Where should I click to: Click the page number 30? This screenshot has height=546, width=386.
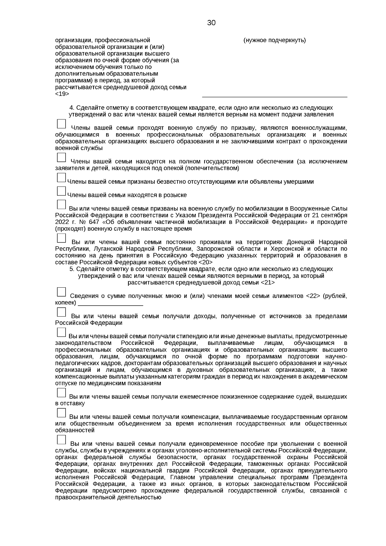pos(211,23)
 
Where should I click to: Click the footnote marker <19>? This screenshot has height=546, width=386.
pos(62,94)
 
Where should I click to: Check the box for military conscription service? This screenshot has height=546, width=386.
pos(61,124)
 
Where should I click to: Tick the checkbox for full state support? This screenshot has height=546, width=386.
pos(61,157)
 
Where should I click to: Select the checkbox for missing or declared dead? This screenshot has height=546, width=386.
pos(61,178)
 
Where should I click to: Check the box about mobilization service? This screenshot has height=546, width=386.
pos(61,204)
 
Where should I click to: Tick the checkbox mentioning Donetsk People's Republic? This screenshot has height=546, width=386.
pos(61,238)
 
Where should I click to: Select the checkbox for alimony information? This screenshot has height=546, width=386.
pos(61,292)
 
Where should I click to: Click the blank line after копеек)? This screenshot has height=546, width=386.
pos(110,303)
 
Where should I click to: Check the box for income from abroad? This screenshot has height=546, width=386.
pos(61,312)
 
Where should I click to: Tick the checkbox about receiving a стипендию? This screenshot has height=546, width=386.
pos(61,332)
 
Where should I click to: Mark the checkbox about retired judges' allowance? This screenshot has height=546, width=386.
pos(61,393)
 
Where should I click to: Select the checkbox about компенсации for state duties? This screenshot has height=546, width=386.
pos(61,413)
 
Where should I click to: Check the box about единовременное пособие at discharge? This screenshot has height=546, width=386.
pos(61,440)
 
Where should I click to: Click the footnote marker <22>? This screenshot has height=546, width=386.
pos(313,296)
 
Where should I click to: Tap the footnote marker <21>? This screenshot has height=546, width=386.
pos(268,282)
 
